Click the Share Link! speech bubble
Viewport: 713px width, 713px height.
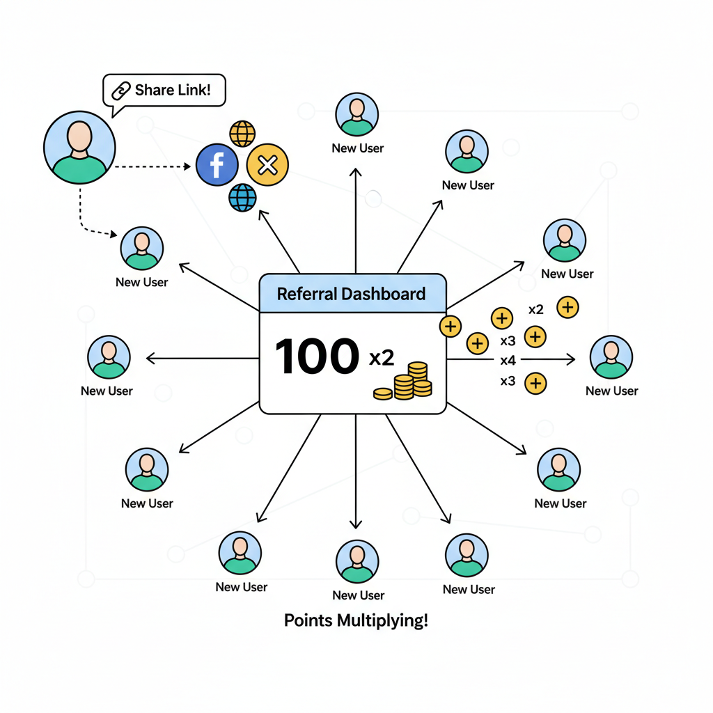pos(164,90)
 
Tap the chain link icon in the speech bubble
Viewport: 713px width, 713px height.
pos(122,90)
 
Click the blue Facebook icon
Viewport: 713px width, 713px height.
pos(217,165)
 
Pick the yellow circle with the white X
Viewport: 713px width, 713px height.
pos(267,165)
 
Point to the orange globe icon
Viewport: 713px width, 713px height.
pos(242,133)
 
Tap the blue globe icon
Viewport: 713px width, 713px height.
pos(242,197)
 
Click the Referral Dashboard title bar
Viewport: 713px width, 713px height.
pos(352,293)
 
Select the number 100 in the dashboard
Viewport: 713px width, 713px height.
pos(317,357)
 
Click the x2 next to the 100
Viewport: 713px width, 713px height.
pos(382,358)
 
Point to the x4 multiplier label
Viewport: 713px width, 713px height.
pos(508,361)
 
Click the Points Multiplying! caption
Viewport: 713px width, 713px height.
pos(356,620)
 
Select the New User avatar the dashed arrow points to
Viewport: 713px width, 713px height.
pos(142,248)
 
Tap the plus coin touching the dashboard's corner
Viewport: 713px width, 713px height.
pos(450,325)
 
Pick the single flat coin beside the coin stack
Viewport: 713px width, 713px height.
pos(383,394)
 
